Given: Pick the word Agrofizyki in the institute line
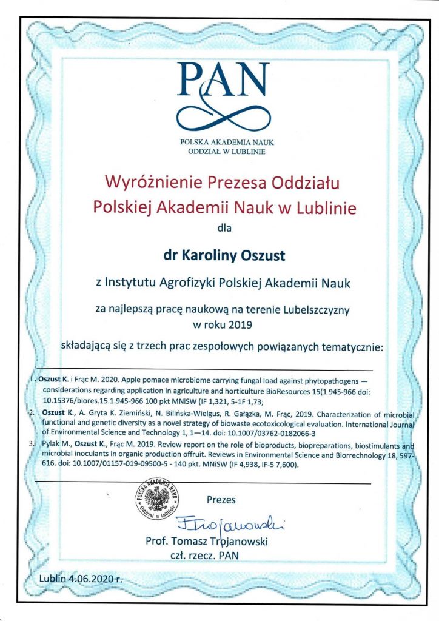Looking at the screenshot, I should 178,283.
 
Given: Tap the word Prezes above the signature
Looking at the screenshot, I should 221,500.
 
